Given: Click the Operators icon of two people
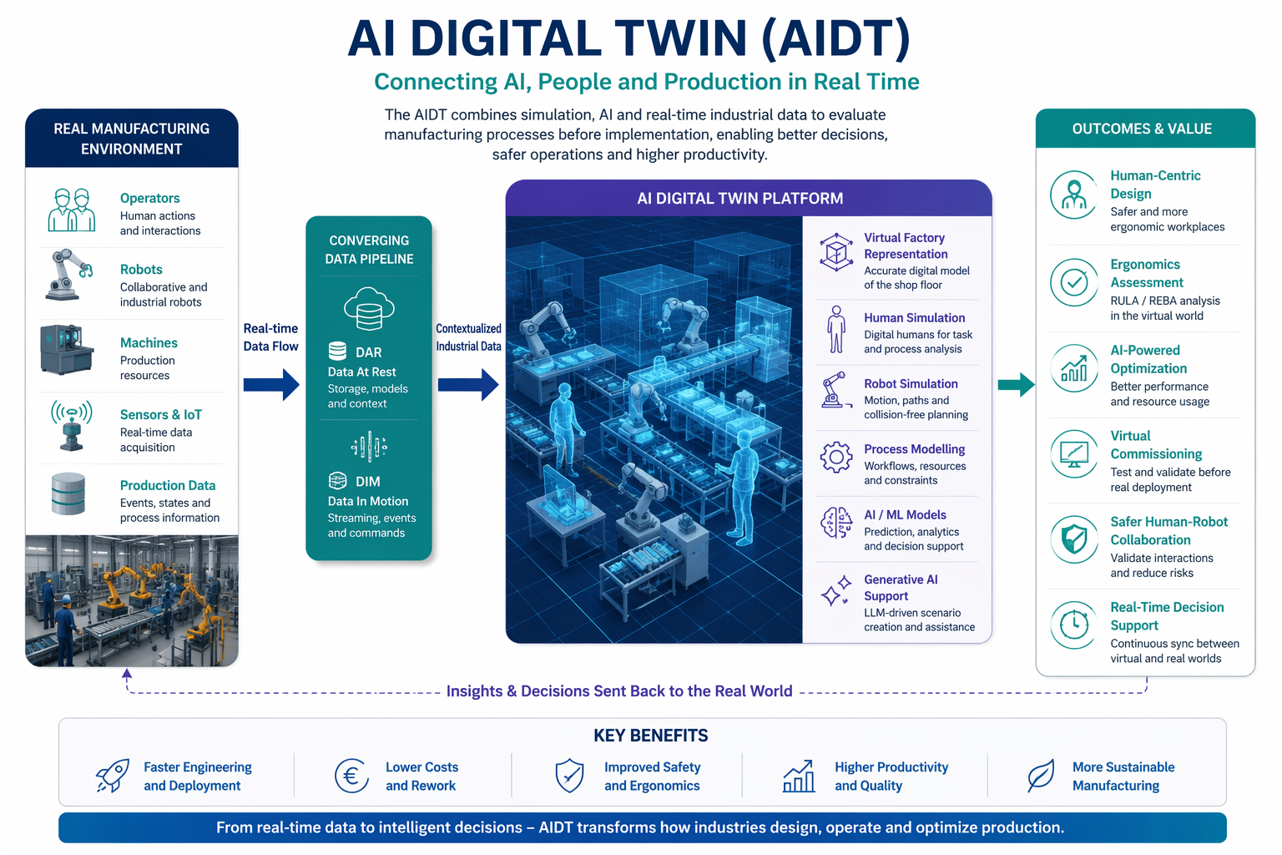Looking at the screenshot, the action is (x=72, y=210).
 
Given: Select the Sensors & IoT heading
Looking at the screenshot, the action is (x=161, y=414).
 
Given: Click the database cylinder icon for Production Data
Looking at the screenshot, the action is (x=68, y=493).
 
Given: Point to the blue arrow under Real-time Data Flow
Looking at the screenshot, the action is (x=271, y=384).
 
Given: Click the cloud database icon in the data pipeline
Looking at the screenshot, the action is (x=369, y=309).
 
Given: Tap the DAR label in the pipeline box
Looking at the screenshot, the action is (x=369, y=352).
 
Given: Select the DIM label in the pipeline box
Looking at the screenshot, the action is (x=367, y=482).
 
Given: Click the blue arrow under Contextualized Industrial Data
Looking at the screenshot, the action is (x=468, y=384).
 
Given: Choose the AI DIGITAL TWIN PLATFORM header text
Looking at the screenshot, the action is (x=740, y=198).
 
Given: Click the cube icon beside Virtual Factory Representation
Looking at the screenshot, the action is (x=836, y=252).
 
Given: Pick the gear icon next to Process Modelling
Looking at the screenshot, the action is (x=836, y=457).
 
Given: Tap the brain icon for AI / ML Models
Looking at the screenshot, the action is (x=836, y=523).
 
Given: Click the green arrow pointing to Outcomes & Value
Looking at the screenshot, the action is (x=1016, y=384).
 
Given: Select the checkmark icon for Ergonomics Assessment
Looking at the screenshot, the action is (x=1074, y=282).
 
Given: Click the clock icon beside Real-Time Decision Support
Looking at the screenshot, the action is (x=1074, y=625).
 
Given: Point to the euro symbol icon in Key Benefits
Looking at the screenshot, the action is (x=351, y=776).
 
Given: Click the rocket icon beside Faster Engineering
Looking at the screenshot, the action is (x=112, y=776).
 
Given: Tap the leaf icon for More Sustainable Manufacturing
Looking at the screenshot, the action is (x=1041, y=776).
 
